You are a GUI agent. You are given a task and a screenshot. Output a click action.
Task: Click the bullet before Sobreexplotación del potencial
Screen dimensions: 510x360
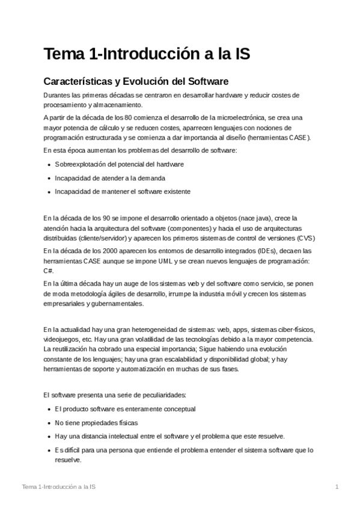pyautogui.click(x=47, y=164)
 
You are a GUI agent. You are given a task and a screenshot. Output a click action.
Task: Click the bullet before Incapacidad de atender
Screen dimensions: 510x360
pyautogui.click(x=47, y=178)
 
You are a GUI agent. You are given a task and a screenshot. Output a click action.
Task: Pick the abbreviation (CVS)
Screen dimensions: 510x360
pyautogui.click(x=307, y=238)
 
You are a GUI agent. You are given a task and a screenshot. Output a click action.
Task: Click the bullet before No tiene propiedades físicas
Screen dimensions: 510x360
pyautogui.click(x=47, y=423)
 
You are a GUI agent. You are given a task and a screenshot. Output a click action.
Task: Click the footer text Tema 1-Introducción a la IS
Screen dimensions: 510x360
pyautogui.click(x=58, y=486)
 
